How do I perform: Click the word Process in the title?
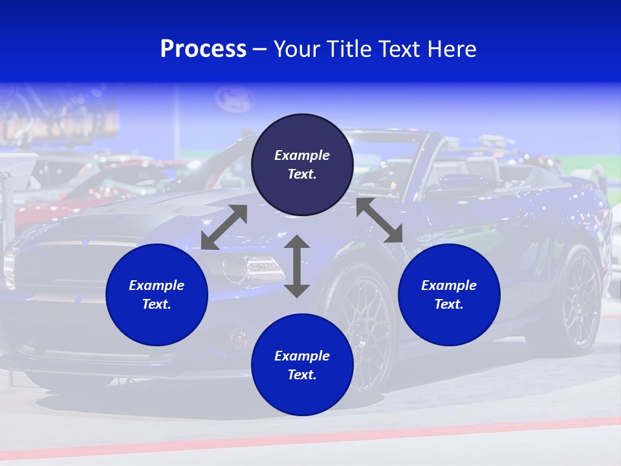pyautogui.click(x=203, y=49)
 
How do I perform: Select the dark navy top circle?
pyautogui.click(x=302, y=164)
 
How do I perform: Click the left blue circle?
pyautogui.click(x=157, y=294)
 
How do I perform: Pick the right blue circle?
pyautogui.click(x=449, y=294)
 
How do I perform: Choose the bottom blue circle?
pyautogui.click(x=302, y=365)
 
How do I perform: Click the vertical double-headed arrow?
pyautogui.click(x=297, y=266)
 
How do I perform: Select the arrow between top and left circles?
pyautogui.click(x=224, y=227)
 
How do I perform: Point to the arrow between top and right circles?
pyautogui.click(x=380, y=220)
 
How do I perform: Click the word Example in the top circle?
pyautogui.click(x=302, y=155)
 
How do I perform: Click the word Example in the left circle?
pyautogui.click(x=157, y=285)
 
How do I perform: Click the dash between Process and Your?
pyautogui.click(x=260, y=50)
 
